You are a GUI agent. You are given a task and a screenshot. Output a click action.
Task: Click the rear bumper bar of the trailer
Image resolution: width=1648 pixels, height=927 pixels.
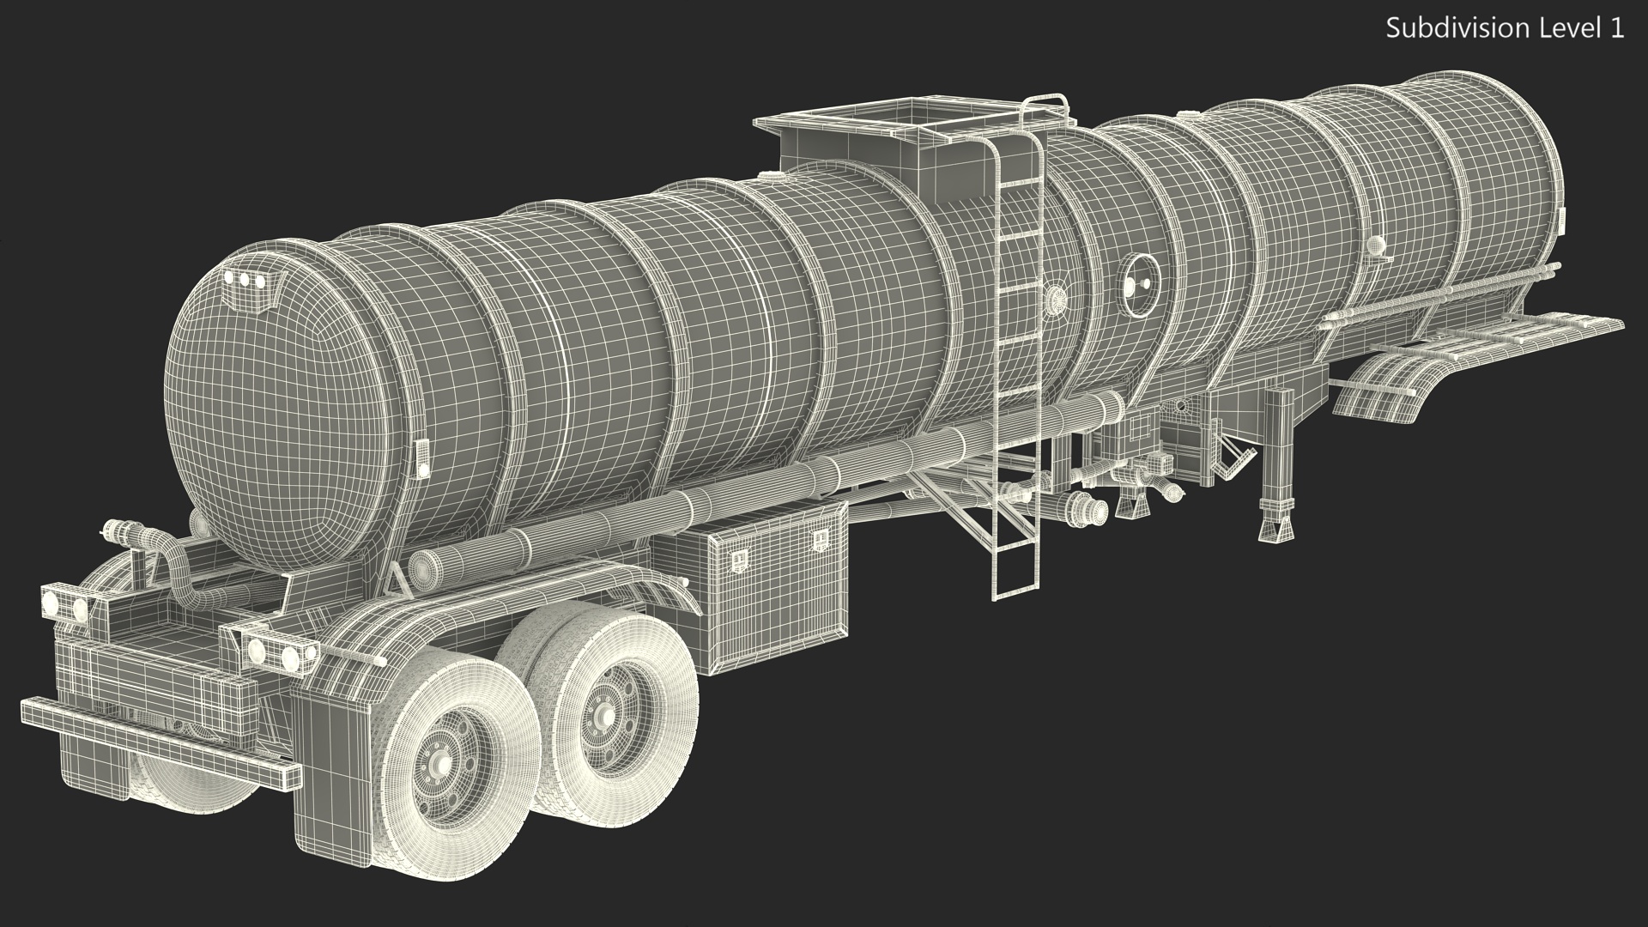(160, 743)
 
